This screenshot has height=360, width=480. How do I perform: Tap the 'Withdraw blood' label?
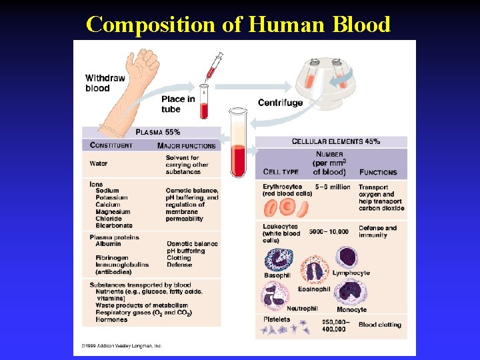pyautogui.click(x=105, y=83)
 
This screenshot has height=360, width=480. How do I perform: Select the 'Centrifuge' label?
pyautogui.click(x=280, y=103)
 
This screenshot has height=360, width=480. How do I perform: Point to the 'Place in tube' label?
pyautogui.click(x=178, y=104)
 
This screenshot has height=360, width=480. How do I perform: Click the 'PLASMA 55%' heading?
pyautogui.click(x=157, y=132)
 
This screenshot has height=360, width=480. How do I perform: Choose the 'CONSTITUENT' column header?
pyautogui.click(x=111, y=145)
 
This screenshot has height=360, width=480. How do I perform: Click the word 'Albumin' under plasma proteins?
pyautogui.click(x=108, y=244)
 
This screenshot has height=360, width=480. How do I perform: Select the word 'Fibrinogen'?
pyautogui.click(x=112, y=258)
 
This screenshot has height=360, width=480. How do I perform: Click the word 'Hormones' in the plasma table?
pyautogui.click(x=111, y=319)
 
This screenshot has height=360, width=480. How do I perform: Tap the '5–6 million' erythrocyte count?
pyautogui.click(x=333, y=187)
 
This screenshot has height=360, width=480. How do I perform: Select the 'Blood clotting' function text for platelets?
pyautogui.click(x=380, y=325)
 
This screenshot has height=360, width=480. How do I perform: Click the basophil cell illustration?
pyautogui.click(x=278, y=258)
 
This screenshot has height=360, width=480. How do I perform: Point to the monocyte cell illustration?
pyautogui.click(x=350, y=292)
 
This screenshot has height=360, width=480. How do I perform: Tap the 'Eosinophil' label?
pyautogui.click(x=315, y=289)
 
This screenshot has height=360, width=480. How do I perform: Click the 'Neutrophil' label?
pyautogui.click(x=302, y=309)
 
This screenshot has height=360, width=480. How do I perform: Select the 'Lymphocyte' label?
pyautogui.click(x=351, y=273)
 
